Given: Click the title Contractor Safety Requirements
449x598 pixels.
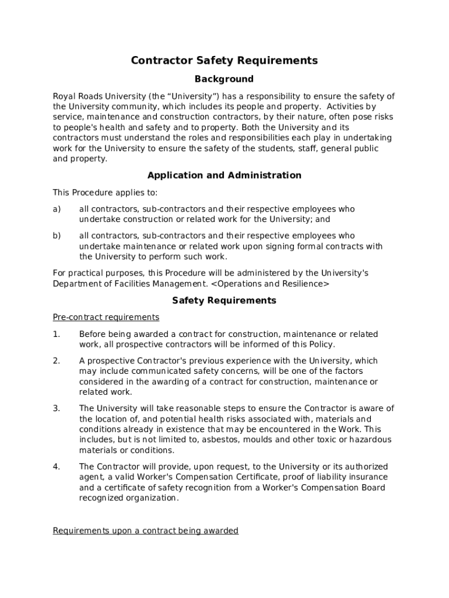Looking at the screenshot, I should [224, 61].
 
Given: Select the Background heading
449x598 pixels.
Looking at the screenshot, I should [224, 79].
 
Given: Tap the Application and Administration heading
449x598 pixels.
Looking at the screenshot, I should [224, 175].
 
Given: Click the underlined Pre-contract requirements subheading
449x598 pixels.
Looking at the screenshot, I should [106, 317].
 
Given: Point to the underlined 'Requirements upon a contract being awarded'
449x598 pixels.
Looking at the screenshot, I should [145, 531].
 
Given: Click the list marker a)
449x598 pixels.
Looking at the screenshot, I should [57, 209].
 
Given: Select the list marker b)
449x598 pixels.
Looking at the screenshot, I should [57, 236].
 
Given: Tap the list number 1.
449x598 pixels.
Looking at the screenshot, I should [56, 334].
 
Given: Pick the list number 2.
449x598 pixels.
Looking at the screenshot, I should [56, 361].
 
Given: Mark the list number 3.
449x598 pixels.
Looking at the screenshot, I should [56, 409].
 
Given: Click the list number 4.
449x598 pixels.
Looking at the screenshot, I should [56, 467].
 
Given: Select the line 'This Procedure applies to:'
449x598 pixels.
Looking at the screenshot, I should [105, 193].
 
